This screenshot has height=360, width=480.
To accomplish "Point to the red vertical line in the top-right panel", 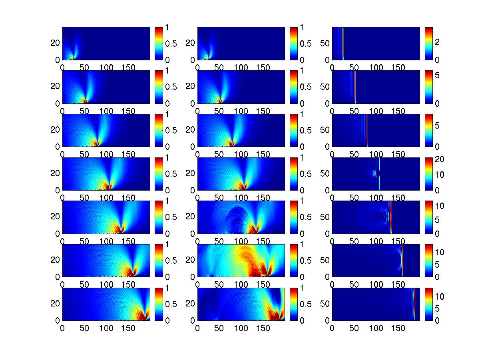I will coord(343,43).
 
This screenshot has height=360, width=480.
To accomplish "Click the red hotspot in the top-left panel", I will coord(73,58).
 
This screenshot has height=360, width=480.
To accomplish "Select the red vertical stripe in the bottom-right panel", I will coord(415,304).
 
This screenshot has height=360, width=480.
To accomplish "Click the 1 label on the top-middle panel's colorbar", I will coord(302,28).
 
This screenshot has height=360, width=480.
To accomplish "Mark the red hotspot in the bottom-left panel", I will coord(142,316).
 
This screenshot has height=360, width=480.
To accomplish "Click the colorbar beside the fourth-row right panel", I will coord(428,173).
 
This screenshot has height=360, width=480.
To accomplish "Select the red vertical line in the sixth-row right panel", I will coord(402,260).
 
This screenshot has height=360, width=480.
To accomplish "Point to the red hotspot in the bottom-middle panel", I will coord(276,316).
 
